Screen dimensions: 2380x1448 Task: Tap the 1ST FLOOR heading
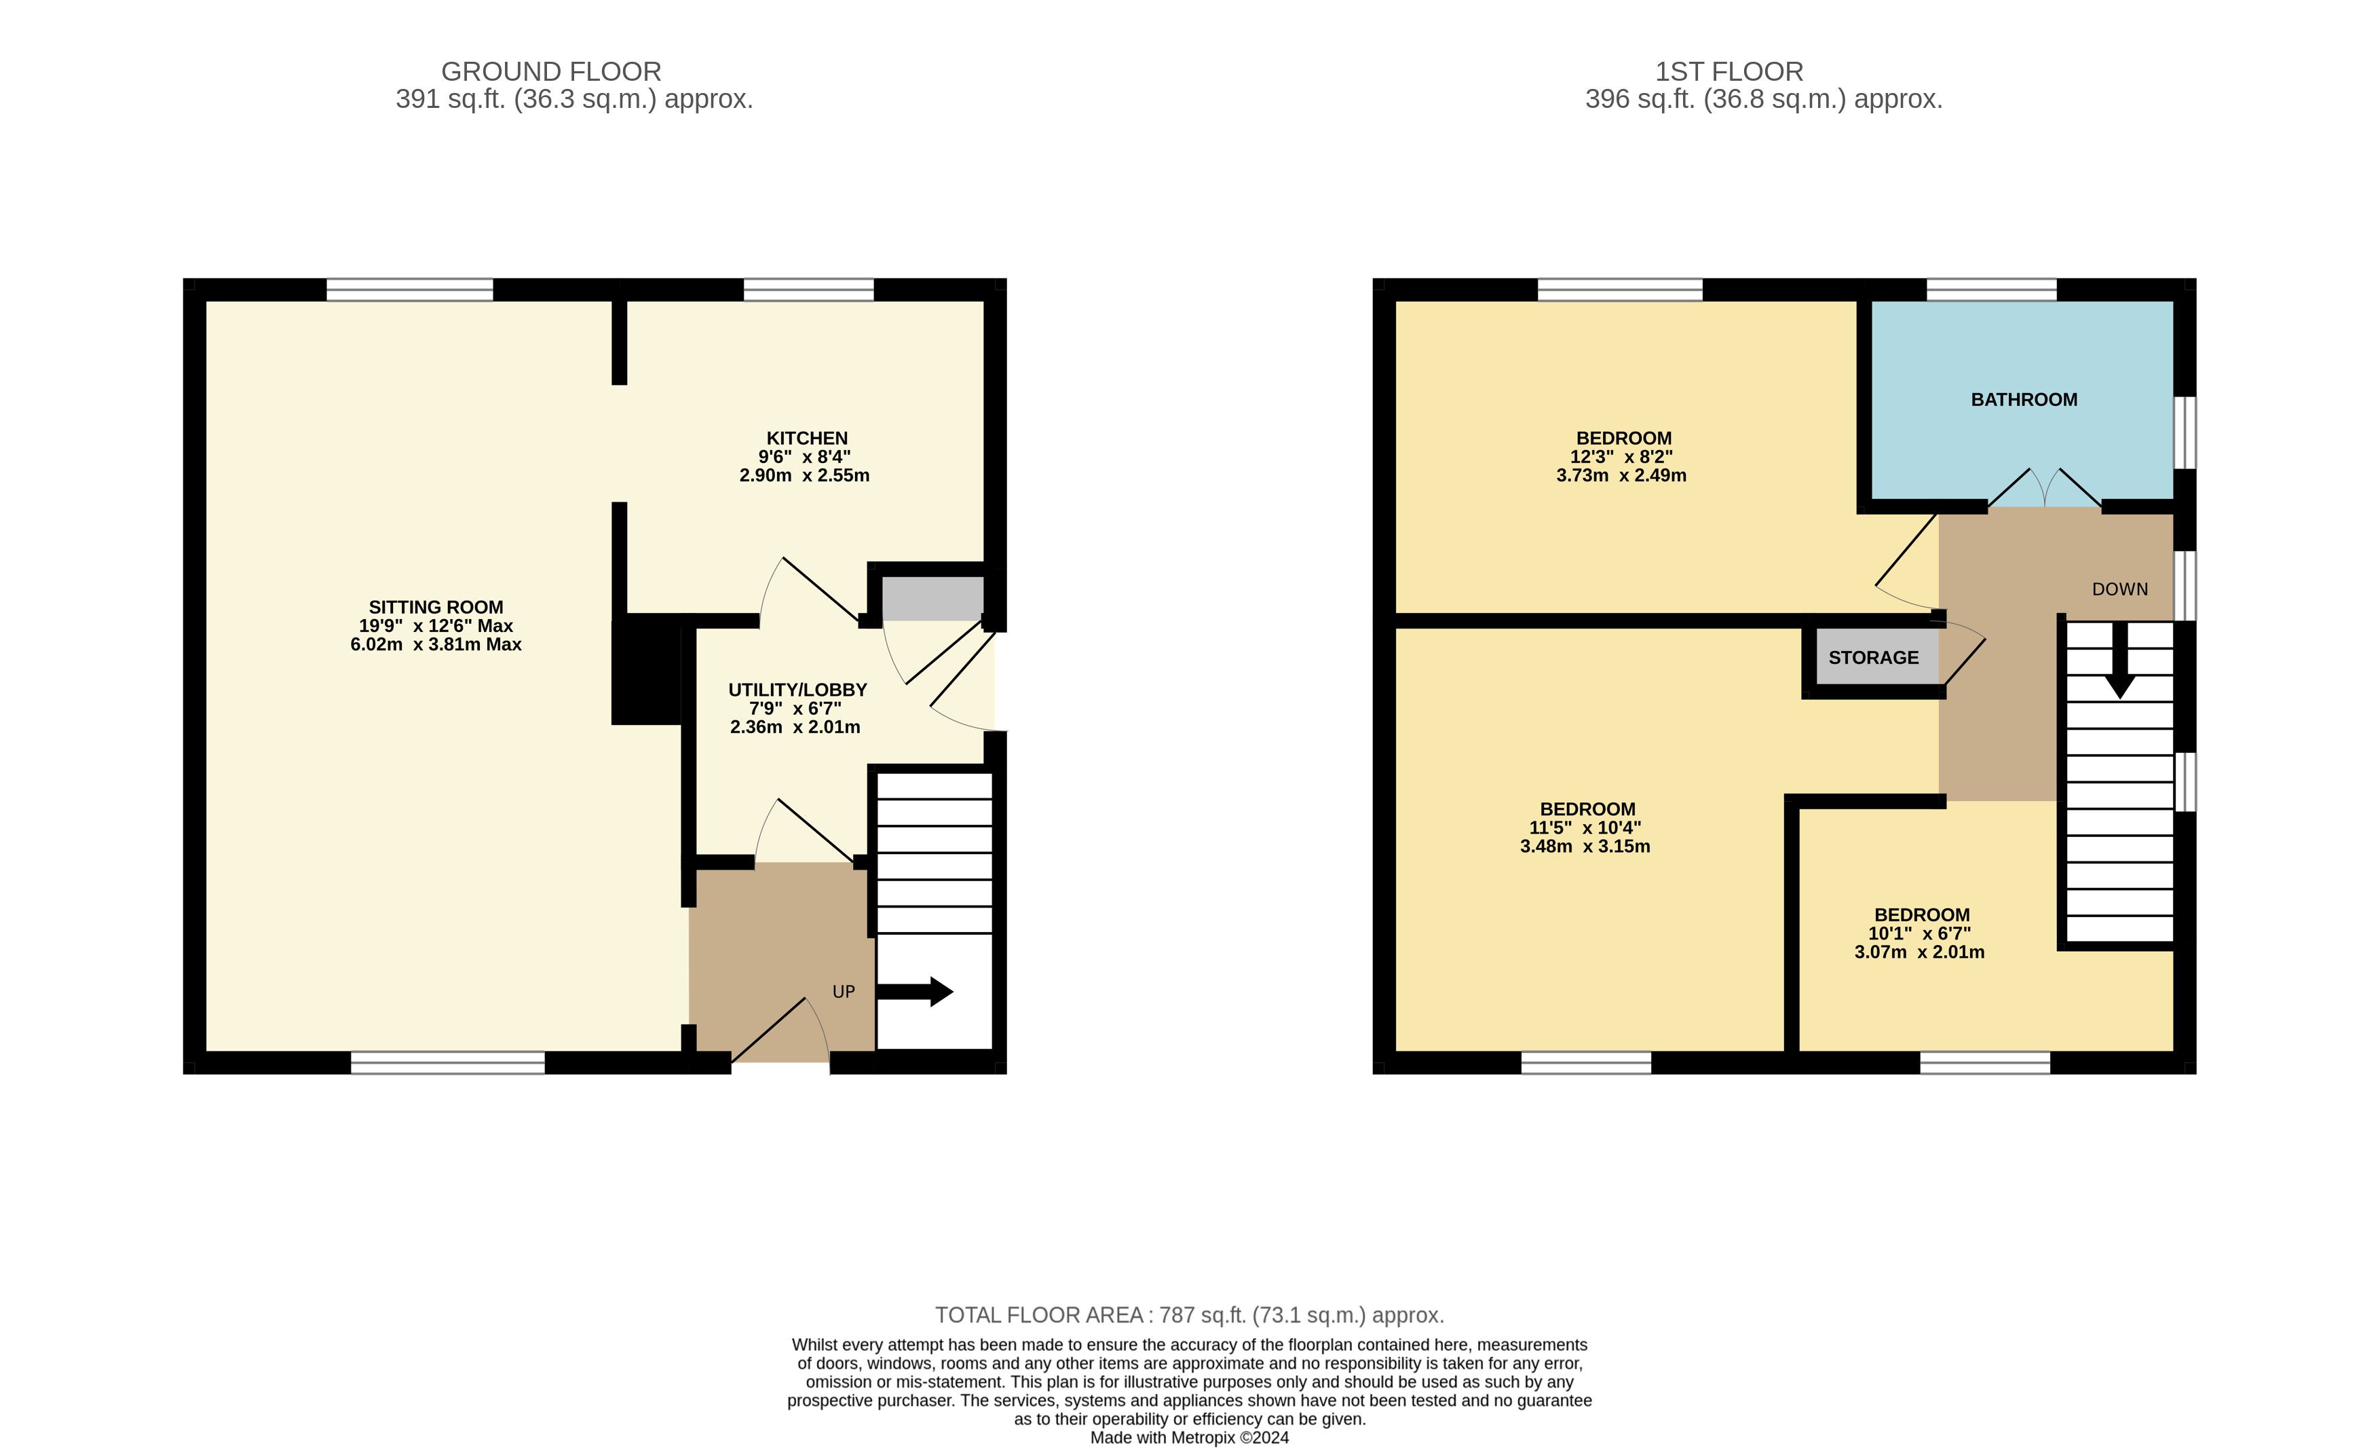tap(1729, 71)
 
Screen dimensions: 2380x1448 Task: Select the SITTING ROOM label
tap(436, 608)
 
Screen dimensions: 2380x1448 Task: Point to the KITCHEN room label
tap(806, 439)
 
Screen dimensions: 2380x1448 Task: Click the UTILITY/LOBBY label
tap(797, 690)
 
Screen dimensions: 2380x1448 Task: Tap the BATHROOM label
tap(2024, 400)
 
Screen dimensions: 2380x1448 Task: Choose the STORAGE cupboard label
tap(1873, 658)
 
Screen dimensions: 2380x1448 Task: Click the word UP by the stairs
tap(844, 992)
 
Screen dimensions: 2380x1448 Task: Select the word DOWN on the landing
tap(2119, 589)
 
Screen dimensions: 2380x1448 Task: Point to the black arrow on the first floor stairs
tap(2119, 661)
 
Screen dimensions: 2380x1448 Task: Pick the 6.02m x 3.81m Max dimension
tap(436, 644)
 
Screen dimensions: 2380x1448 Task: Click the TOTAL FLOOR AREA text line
tap(1189, 1315)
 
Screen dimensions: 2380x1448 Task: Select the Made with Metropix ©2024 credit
tap(1189, 1437)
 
